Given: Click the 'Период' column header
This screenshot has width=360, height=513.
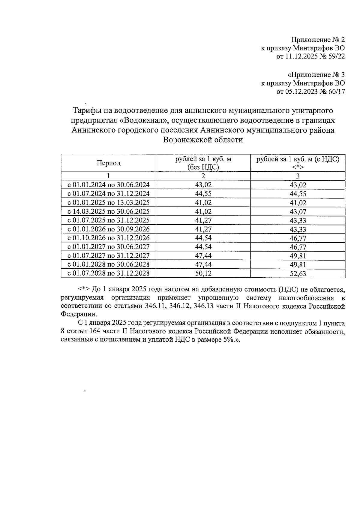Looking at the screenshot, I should tap(108, 163).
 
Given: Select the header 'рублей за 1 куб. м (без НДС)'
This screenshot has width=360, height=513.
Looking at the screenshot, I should tap(203, 163).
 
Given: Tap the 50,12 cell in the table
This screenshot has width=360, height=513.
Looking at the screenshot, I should tap(203, 273).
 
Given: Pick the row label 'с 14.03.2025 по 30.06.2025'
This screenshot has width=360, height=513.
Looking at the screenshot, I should tap(108, 211).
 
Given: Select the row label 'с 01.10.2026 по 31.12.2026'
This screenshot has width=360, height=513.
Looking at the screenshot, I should tap(108, 238).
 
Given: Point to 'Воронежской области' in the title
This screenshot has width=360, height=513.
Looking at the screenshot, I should tap(203, 140).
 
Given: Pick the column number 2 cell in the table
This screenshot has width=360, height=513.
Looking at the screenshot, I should tap(203, 176).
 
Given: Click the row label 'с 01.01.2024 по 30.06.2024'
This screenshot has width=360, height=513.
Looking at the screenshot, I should tap(108, 185).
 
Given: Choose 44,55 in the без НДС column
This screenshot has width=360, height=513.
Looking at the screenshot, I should tap(203, 194).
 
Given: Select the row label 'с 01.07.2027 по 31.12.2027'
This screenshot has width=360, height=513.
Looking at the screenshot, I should tap(108, 256).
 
